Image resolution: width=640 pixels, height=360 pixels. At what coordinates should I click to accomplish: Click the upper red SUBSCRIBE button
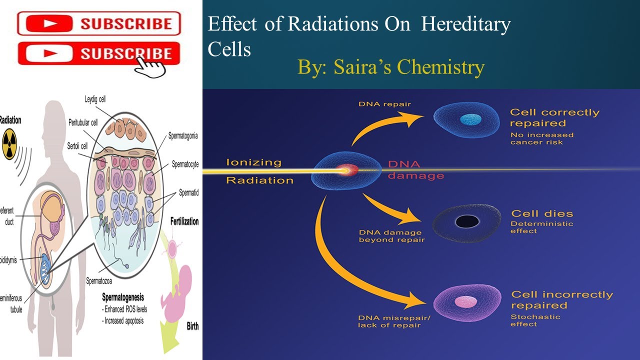[x=98, y=23]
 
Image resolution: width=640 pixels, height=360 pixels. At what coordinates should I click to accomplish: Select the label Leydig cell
[x=95, y=99]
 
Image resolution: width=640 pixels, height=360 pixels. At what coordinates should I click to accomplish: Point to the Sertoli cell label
[x=77, y=145]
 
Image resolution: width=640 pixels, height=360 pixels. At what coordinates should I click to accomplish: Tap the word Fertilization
[x=184, y=221]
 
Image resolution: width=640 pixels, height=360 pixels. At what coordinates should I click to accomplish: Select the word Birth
[x=192, y=326]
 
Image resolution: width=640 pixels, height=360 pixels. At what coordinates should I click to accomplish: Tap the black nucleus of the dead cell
[x=466, y=221]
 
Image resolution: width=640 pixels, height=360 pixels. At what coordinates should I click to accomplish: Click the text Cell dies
[x=542, y=213]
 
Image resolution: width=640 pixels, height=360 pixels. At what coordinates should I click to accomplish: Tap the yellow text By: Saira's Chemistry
[x=391, y=66]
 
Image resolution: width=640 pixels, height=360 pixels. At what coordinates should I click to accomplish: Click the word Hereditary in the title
[x=465, y=24]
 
